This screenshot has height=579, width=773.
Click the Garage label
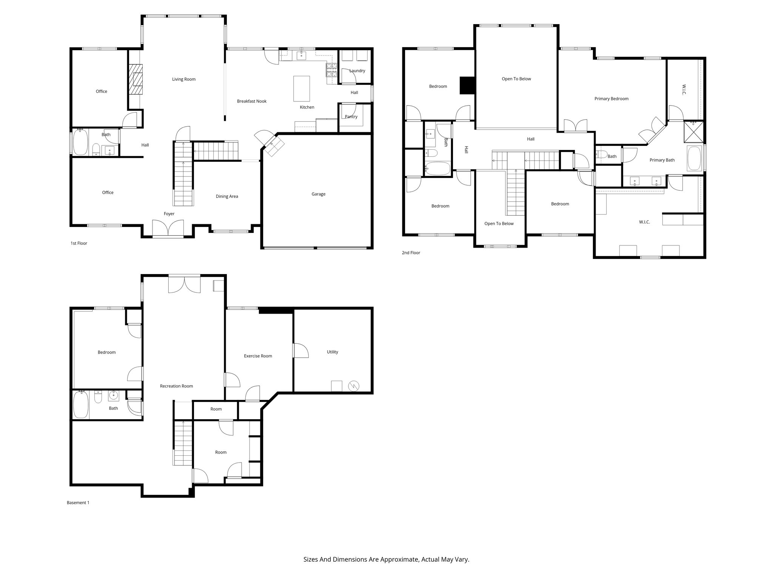[318, 194]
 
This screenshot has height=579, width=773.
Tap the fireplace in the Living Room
[135, 79]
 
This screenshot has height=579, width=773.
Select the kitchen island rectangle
[302, 89]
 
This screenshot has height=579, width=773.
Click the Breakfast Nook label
[252, 101]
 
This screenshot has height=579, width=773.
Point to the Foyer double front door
[168, 229]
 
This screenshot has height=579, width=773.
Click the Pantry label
[351, 117]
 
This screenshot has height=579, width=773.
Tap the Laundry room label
[357, 71]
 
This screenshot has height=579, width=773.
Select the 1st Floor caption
[79, 244]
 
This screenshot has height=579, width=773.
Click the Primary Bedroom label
[611, 99]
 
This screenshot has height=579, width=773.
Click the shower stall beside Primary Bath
[694, 132]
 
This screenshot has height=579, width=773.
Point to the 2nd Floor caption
[411, 253]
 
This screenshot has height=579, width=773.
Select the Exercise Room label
[258, 356]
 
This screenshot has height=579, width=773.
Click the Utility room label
[332, 352]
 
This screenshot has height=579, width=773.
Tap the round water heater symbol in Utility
[354, 386]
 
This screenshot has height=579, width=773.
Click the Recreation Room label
[176, 386]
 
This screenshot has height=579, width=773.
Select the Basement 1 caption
[78, 503]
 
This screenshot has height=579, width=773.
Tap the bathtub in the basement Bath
[80, 405]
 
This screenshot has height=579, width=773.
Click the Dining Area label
[226, 196]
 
